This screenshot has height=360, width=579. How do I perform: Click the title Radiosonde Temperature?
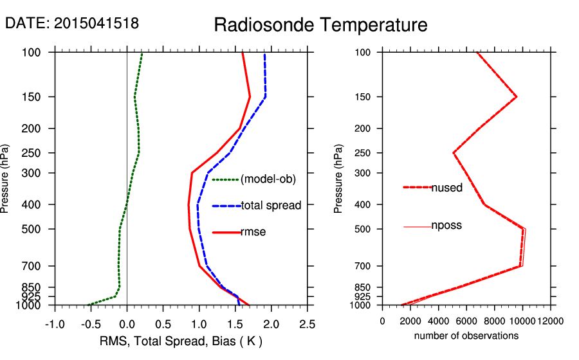(320, 25)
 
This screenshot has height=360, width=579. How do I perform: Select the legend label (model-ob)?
(268, 179)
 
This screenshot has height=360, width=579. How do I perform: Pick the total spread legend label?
(271, 206)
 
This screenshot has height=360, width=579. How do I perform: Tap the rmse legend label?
(253, 231)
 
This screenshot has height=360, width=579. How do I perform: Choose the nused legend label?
(446, 187)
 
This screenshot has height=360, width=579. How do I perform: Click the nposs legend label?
(446, 226)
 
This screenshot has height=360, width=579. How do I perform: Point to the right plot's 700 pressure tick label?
(363, 265)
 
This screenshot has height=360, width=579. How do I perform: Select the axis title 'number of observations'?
(466, 336)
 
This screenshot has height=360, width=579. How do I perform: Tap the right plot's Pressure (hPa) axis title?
(339, 179)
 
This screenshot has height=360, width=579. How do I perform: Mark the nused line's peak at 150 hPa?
(517, 97)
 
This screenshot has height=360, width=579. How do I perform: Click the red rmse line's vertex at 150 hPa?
(250, 97)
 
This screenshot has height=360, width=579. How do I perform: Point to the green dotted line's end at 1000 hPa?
(89, 304)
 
